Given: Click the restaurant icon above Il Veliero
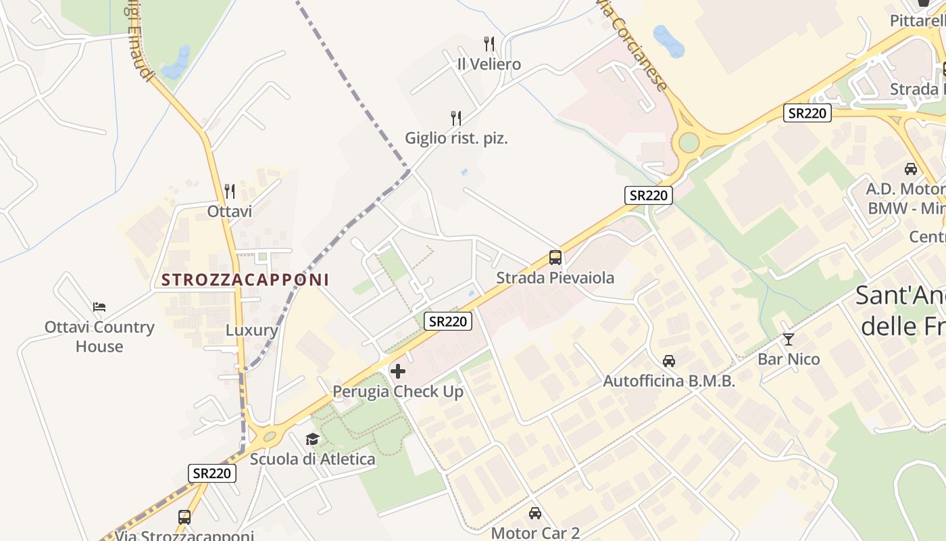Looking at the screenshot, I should (x=489, y=45).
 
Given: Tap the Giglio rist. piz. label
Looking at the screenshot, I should (x=456, y=138).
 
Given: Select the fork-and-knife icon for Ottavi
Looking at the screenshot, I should (x=230, y=191).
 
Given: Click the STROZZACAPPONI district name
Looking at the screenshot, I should (x=245, y=279).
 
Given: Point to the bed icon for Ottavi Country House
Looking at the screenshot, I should (x=99, y=307).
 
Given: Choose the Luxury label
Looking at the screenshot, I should (x=251, y=330).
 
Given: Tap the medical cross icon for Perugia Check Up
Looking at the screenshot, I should (x=398, y=371).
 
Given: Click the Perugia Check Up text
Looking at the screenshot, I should (x=398, y=392).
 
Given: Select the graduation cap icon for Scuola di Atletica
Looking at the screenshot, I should (x=312, y=440).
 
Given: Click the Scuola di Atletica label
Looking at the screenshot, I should (x=312, y=459).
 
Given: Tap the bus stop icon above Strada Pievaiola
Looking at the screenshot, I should (x=555, y=258).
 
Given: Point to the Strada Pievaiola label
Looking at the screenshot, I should (x=555, y=277).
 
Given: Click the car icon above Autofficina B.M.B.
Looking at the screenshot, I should (x=669, y=361).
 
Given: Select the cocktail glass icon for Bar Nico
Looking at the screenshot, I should (x=788, y=339).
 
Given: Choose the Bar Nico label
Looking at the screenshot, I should (x=789, y=359).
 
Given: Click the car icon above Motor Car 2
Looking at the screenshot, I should (x=535, y=513).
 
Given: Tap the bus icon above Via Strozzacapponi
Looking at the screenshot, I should (x=184, y=517).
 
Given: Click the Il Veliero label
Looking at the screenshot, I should (x=489, y=64).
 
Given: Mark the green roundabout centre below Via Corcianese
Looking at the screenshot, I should (x=689, y=143).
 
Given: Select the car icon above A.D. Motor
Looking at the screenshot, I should (x=911, y=169).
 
